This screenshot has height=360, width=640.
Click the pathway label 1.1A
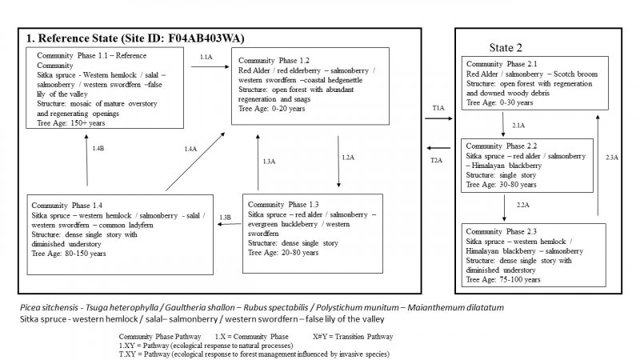(206, 58)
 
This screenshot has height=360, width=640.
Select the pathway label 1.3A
(269, 162)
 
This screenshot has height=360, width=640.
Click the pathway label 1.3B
(226, 217)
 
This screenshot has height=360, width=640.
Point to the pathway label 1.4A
(190, 150)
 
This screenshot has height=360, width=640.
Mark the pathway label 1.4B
(98, 150)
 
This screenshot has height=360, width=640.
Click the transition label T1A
(438, 107)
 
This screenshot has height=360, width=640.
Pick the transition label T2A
(438, 160)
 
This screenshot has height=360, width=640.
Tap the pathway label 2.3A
(611, 157)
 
